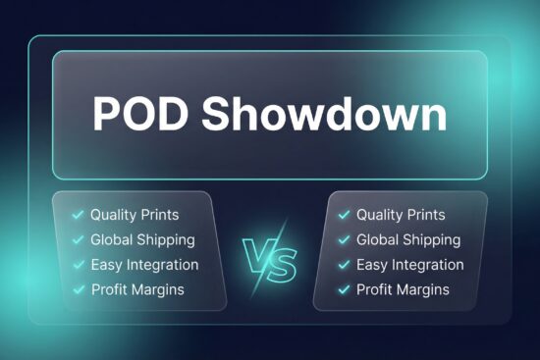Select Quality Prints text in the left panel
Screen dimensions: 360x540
135,215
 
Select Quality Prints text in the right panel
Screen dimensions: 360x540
401,215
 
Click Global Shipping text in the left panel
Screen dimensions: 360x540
142,239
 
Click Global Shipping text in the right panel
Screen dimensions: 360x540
408,239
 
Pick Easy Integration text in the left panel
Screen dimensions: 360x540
144,265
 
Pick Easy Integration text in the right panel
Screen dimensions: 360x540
410,265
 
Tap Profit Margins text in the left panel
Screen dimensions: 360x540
136,289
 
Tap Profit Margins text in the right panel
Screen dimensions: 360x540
403,289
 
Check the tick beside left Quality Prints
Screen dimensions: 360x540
78,215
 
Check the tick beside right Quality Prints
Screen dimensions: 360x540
344,215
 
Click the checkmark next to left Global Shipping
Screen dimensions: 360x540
78,239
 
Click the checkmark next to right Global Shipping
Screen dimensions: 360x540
344,239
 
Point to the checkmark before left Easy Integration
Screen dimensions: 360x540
78,265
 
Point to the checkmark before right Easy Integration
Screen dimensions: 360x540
344,265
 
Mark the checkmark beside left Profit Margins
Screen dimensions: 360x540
78,289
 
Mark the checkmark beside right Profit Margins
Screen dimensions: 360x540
344,289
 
